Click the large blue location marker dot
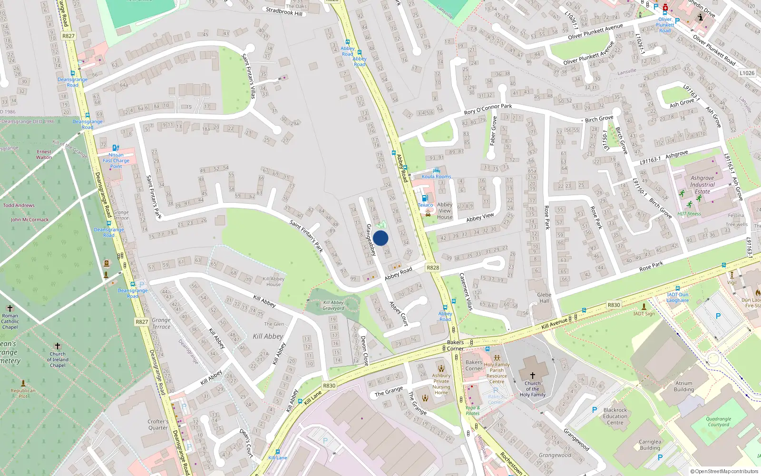380,238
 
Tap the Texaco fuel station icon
425,198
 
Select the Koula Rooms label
436,177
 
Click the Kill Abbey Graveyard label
333,305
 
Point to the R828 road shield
433,268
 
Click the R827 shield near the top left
68,36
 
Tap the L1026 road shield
747,73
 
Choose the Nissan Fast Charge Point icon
116,148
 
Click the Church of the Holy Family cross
532,376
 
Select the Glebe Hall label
544,297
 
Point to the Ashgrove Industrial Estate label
702,185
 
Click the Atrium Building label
683,386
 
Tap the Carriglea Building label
650,445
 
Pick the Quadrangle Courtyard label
718,422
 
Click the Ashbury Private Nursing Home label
441,384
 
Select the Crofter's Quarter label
158,424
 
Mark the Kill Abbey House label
273,281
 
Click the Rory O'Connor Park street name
488,109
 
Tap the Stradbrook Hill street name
284,11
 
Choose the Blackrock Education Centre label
615,416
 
